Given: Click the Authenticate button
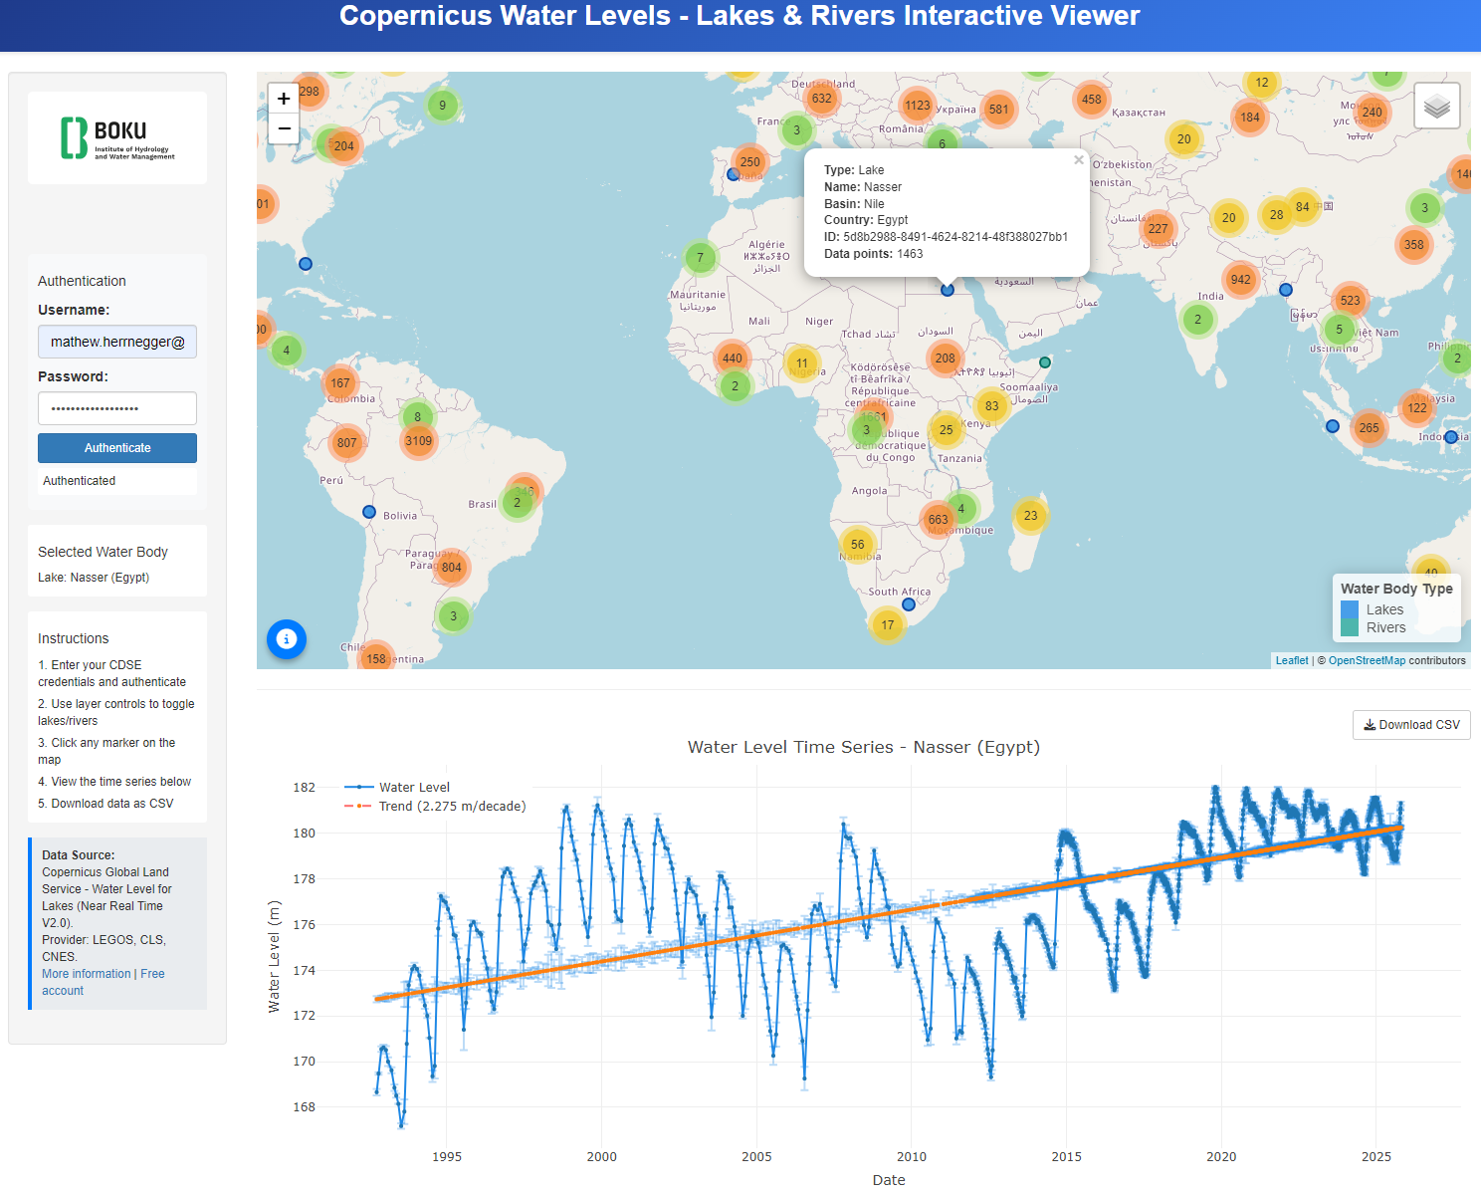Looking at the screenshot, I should pyautogui.click(x=117, y=448).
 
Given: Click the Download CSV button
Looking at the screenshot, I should pyautogui.click(x=1411, y=725).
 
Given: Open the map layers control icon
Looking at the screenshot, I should pyautogui.click(x=1436, y=106).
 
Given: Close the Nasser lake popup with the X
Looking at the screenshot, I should pyautogui.click(x=1078, y=160).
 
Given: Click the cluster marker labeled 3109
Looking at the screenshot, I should pyautogui.click(x=418, y=441).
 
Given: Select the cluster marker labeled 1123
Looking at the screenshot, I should pyautogui.click(x=917, y=106).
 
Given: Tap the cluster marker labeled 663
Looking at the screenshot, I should pyautogui.click(x=938, y=520).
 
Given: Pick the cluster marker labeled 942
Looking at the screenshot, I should pyautogui.click(x=1240, y=280).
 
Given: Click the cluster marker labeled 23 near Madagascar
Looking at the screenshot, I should pyautogui.click(x=1030, y=516).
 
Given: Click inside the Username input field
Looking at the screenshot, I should pyautogui.click(x=117, y=342).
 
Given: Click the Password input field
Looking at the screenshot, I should pyautogui.click(x=117, y=408).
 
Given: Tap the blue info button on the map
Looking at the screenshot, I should pyautogui.click(x=287, y=639).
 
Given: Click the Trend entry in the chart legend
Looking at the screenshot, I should pyautogui.click(x=452, y=807).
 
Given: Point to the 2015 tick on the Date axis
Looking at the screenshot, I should pyautogui.click(x=1066, y=1157).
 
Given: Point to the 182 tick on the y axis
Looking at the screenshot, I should pyautogui.click(x=304, y=788).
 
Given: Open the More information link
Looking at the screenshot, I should pyautogui.click(x=87, y=974).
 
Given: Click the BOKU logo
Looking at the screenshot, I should pyautogui.click(x=117, y=138).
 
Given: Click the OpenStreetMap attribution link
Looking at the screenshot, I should pyautogui.click(x=1367, y=660).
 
